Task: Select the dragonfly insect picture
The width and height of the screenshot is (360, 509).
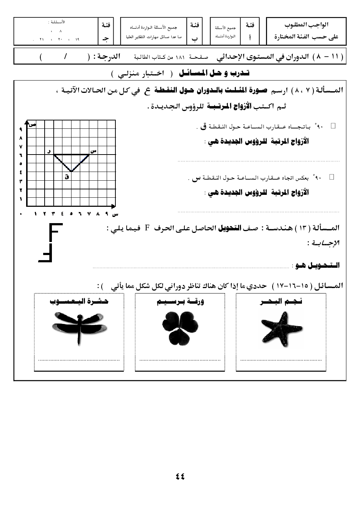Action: click(79, 328)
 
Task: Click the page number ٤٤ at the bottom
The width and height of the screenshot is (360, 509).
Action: click(180, 477)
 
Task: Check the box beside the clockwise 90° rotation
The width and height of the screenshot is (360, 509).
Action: click(333, 126)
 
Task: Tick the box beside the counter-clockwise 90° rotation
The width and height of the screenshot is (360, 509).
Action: click(331, 177)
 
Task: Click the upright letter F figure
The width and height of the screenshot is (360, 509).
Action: click(54, 233)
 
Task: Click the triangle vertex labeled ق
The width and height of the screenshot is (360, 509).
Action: click(71, 172)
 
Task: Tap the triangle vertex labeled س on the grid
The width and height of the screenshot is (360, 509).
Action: click(89, 155)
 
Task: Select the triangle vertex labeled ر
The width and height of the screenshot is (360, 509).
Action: click(54, 155)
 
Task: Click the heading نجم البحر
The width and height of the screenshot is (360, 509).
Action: click(281, 301)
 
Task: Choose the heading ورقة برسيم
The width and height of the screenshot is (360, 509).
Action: click(180, 301)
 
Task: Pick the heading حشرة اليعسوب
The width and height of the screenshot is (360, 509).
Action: click(79, 301)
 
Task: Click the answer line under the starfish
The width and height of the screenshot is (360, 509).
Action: click(281, 360)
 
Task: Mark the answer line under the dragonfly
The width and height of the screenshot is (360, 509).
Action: click(79, 360)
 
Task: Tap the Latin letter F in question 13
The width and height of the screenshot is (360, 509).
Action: click(147, 228)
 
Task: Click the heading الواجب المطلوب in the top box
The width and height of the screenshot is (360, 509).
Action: click(307, 25)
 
